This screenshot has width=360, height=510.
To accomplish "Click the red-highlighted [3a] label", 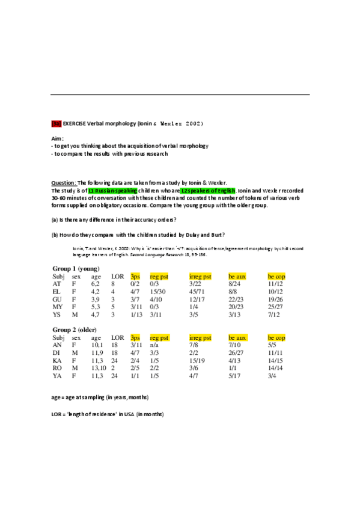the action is tap(56, 123).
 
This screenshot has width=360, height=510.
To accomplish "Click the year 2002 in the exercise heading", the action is tap(194, 123).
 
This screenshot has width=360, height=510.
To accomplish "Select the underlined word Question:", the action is tap(64, 183).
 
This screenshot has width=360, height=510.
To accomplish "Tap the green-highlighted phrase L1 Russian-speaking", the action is tap(112, 190).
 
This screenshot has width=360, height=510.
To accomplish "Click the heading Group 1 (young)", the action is tap(76, 268).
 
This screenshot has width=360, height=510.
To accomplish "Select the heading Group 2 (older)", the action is tap(75, 330).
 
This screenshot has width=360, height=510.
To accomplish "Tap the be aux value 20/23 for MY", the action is tap(237, 306).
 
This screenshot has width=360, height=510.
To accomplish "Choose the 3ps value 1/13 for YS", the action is tap(136, 314).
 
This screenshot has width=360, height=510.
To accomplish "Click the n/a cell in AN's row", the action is tap(154, 345).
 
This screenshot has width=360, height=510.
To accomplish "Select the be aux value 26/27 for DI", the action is tap(237, 353).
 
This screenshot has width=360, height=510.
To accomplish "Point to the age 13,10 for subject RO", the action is tap(98, 369).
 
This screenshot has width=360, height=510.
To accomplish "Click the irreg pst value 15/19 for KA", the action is tap(197, 361).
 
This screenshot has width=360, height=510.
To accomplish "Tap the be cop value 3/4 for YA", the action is tap(273, 376).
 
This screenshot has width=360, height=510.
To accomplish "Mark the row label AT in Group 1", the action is tap(56, 283).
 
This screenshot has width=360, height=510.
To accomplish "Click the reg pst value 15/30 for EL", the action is tap(158, 291).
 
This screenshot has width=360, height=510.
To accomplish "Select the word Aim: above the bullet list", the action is tap(57, 138).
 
